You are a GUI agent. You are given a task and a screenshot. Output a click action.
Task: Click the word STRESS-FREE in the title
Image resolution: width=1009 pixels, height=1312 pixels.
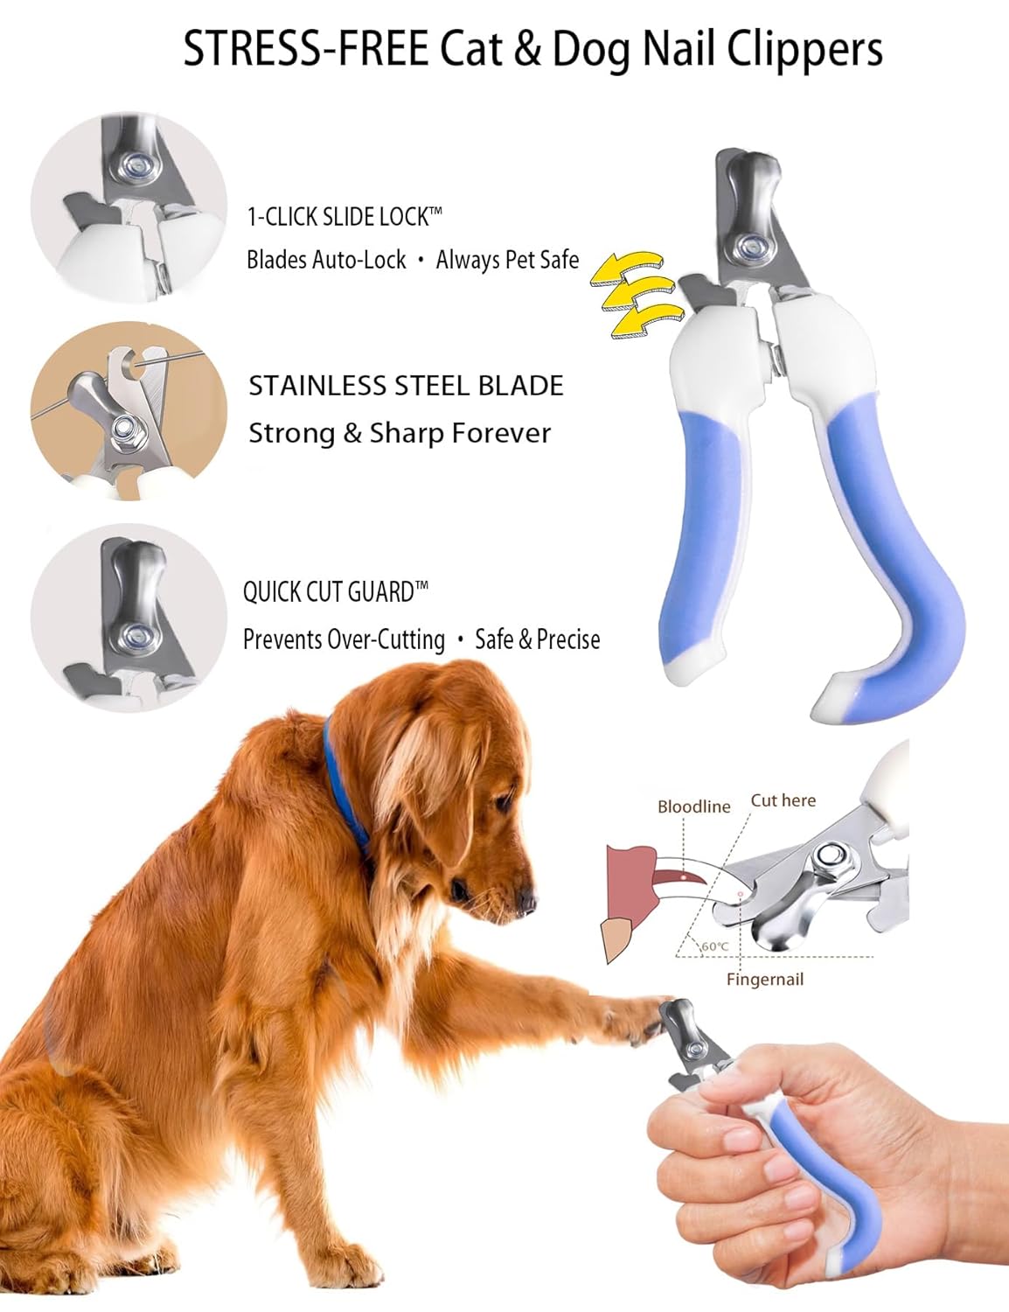pos(305,49)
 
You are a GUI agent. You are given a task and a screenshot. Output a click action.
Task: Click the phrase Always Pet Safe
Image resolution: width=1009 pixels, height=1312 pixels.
pos(507,260)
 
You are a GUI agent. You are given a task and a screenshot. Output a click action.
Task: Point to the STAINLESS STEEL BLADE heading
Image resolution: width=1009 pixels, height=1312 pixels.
pos(406,386)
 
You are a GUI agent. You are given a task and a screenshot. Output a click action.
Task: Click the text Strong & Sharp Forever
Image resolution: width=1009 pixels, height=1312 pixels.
pos(400,433)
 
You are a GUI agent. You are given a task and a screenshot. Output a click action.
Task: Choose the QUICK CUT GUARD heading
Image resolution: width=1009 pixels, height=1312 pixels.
pos(335,592)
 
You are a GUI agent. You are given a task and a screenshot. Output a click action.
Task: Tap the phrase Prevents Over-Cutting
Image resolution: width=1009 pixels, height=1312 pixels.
pos(344,639)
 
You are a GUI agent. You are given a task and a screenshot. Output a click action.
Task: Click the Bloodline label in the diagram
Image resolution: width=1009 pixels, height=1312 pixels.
pos(693,806)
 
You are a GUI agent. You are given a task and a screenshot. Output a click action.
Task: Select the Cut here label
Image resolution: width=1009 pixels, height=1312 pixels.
pos(783,800)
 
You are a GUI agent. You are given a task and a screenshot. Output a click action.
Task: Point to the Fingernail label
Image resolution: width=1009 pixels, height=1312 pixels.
pos(764,980)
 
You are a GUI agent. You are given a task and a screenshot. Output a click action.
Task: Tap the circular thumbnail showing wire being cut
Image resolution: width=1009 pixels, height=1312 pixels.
pos(129,411)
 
